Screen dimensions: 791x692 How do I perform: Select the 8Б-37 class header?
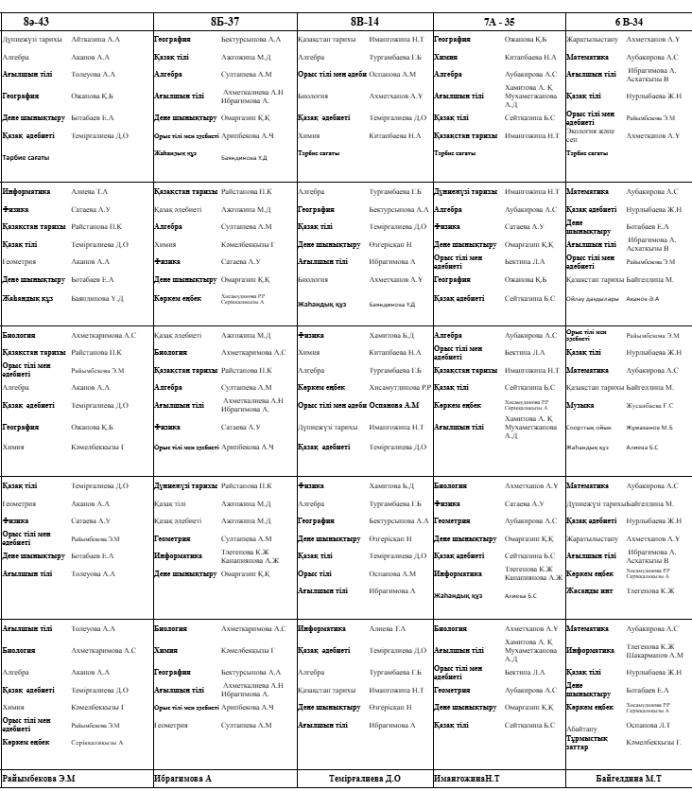[x=224, y=20]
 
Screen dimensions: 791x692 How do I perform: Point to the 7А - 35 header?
[x=498, y=20]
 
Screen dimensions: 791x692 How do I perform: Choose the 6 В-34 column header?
[x=628, y=20]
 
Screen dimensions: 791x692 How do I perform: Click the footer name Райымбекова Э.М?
[x=39, y=779]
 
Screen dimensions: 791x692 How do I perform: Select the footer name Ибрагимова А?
[x=182, y=779]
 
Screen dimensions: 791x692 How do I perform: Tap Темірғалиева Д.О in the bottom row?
[x=364, y=779]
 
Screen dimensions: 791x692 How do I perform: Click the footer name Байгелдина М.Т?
[x=628, y=779]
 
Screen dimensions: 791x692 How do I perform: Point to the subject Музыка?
[x=580, y=405]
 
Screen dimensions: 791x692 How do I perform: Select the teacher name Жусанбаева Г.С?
[x=649, y=405]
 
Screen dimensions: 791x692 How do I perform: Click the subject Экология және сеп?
[x=591, y=135]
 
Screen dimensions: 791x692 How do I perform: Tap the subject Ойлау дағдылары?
[x=593, y=298]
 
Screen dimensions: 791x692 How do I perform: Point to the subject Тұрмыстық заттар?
[x=587, y=742]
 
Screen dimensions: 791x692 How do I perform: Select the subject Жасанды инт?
[x=590, y=590]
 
